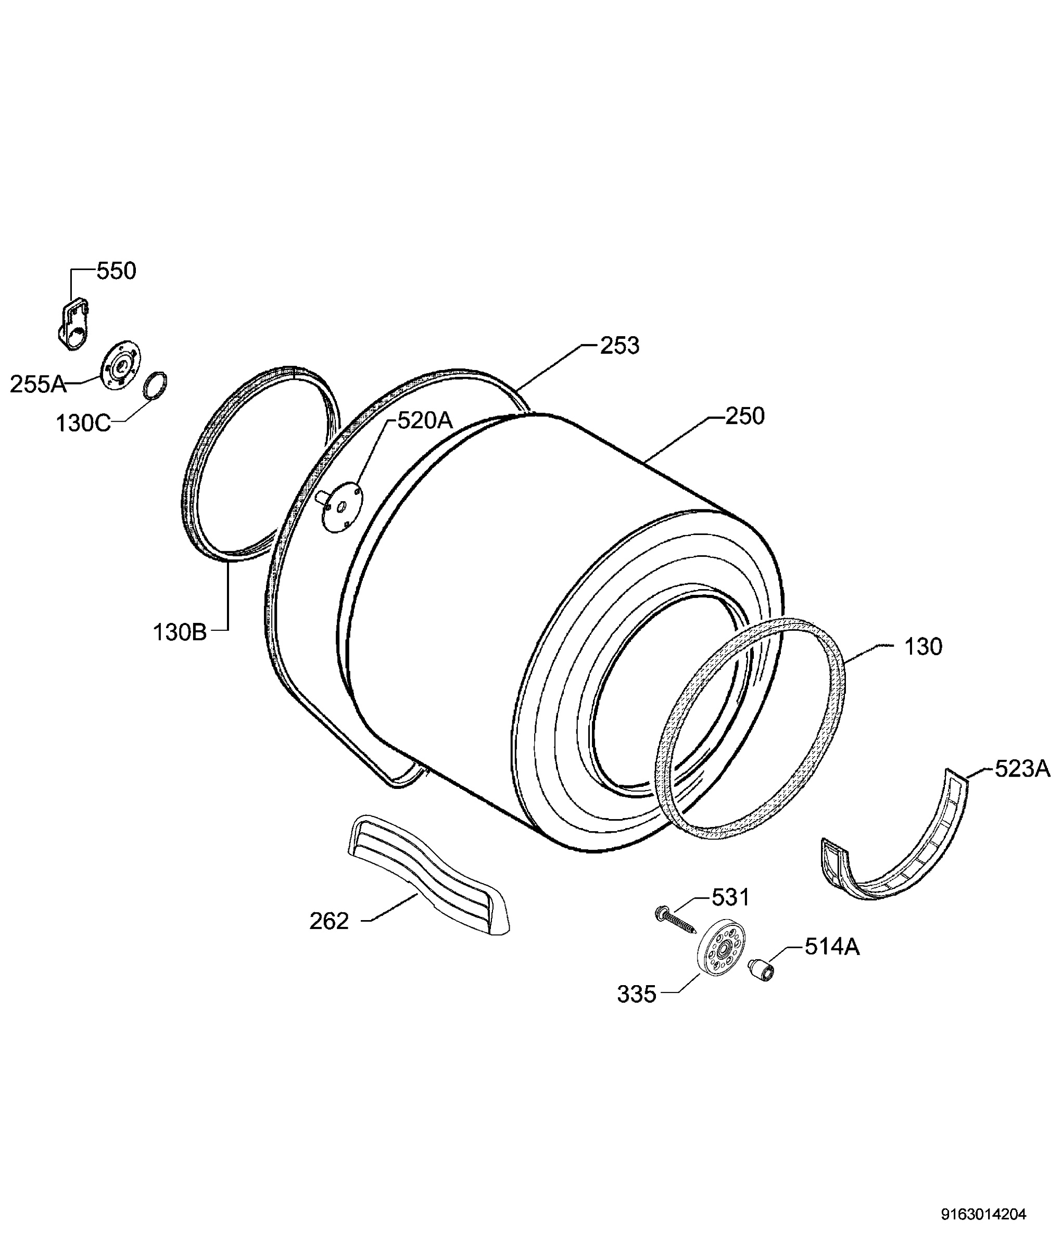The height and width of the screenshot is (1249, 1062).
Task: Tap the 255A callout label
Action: click(38, 384)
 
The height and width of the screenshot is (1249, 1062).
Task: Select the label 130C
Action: click(83, 423)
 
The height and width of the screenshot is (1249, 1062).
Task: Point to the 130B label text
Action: click(180, 633)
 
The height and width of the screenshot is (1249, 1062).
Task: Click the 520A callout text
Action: click(425, 420)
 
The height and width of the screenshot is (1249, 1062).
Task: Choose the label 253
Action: click(619, 346)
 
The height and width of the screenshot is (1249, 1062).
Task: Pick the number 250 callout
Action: click(745, 416)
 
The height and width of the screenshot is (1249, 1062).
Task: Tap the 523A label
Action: click(1022, 769)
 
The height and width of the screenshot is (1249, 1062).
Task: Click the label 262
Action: click(330, 921)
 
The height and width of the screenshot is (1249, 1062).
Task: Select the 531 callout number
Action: click(730, 898)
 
